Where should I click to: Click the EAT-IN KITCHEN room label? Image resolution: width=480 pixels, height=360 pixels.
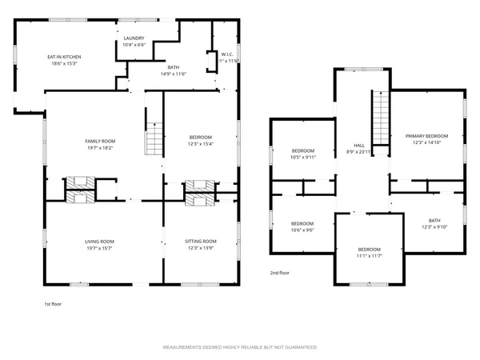tap(65, 57)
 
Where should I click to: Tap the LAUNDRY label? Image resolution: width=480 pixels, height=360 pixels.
tap(134, 38)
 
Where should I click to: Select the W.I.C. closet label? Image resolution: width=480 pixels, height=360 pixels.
tap(226, 54)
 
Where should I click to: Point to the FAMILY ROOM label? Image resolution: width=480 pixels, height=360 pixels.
tap(101, 141)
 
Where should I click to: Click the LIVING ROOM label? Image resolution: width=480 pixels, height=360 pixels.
tap(100, 241)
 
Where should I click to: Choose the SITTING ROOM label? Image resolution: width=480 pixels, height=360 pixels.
tap(201, 241)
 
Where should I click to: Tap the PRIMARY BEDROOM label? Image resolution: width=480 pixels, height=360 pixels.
tap(426, 136)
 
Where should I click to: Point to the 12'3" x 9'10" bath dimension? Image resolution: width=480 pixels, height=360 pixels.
tap(434, 226)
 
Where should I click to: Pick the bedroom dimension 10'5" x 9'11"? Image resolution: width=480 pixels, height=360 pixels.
tap(303, 158)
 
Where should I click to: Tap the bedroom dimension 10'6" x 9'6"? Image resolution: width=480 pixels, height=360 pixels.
tap(302, 230)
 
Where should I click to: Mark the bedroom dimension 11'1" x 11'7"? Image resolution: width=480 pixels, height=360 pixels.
tap(369, 255)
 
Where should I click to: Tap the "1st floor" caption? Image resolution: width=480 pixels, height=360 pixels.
tap(54, 304)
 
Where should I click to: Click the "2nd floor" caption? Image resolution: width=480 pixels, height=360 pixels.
tap(280, 273)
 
